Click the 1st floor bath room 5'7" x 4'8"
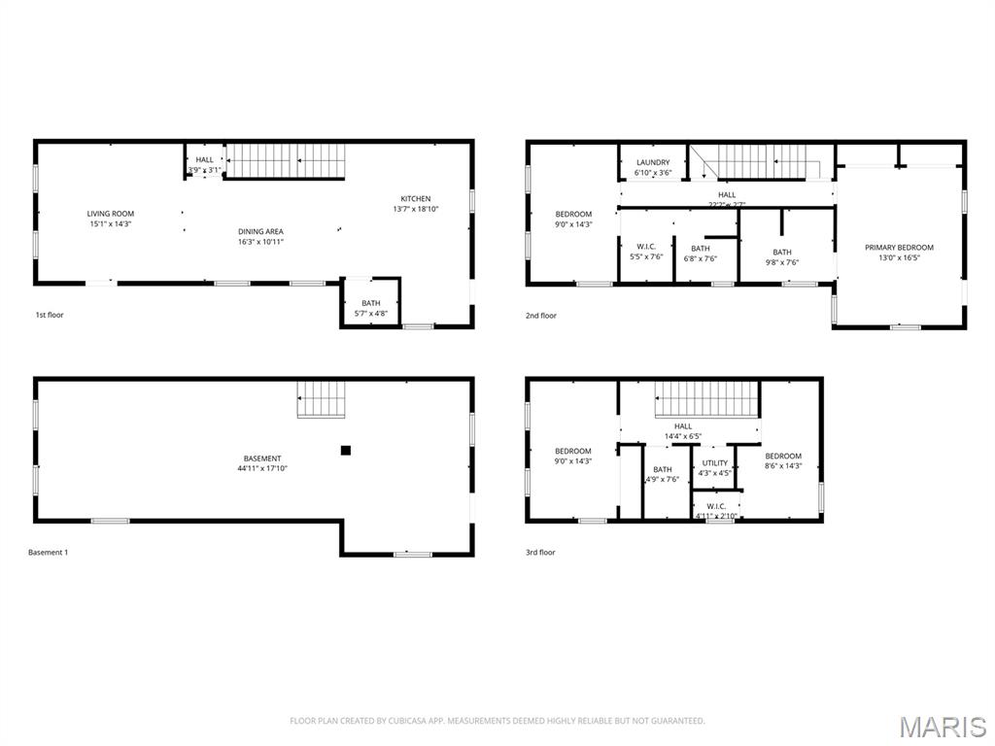(371, 308)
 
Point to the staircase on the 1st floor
(286, 160)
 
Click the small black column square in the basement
(345, 450)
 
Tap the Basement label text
(262, 458)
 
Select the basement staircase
(322, 399)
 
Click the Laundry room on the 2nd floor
(653, 167)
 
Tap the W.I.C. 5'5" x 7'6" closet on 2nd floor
(646, 252)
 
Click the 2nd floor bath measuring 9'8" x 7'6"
(782, 256)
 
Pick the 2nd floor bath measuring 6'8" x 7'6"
(700, 254)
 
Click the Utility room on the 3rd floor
(714, 468)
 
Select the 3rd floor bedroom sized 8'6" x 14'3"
(783, 460)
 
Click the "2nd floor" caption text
(541, 315)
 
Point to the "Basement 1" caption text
(49, 552)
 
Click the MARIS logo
(942, 726)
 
